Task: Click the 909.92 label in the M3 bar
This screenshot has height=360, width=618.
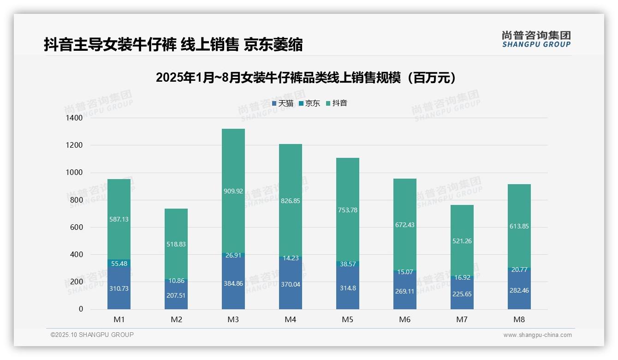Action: (233, 191)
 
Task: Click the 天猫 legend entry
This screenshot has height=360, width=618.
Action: (282, 103)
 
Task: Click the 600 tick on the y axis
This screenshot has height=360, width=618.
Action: (77, 227)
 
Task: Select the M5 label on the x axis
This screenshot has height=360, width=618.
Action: (348, 319)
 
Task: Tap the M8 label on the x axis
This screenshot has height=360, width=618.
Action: (519, 319)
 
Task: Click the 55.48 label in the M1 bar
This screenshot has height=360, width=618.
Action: (119, 263)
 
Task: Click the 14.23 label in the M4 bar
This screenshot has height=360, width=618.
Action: (291, 258)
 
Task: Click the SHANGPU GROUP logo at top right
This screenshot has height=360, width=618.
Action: (536, 39)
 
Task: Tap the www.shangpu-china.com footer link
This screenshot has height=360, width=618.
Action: (537, 335)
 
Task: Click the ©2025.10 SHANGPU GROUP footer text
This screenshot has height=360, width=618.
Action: (92, 335)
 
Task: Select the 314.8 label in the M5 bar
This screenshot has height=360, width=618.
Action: (348, 288)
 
